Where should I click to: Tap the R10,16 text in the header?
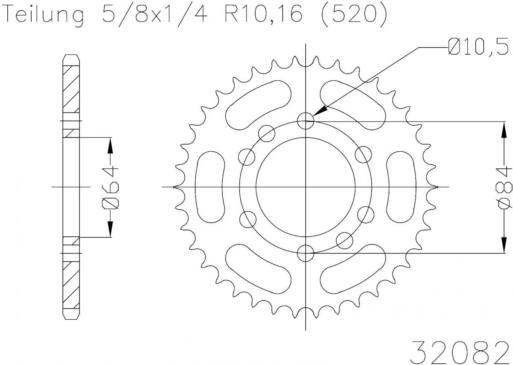[x=262, y=15]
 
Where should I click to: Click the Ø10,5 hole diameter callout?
[x=478, y=47]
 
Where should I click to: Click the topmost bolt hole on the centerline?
[x=306, y=121]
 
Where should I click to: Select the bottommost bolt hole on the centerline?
[x=306, y=253]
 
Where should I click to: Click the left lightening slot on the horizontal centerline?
[x=210, y=187]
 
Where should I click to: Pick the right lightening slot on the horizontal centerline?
[x=401, y=187]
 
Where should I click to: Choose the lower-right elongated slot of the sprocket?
[x=353, y=270]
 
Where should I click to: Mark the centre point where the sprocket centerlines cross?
[x=306, y=187]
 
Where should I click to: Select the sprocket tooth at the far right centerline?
[x=435, y=187]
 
